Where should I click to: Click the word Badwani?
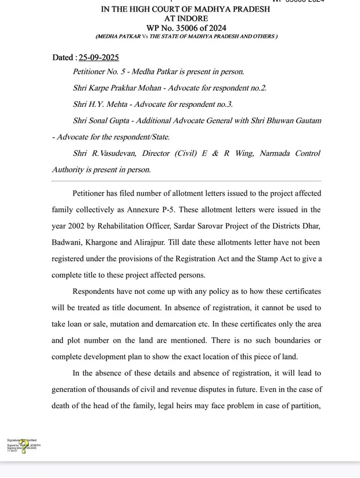click(x=67, y=242)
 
